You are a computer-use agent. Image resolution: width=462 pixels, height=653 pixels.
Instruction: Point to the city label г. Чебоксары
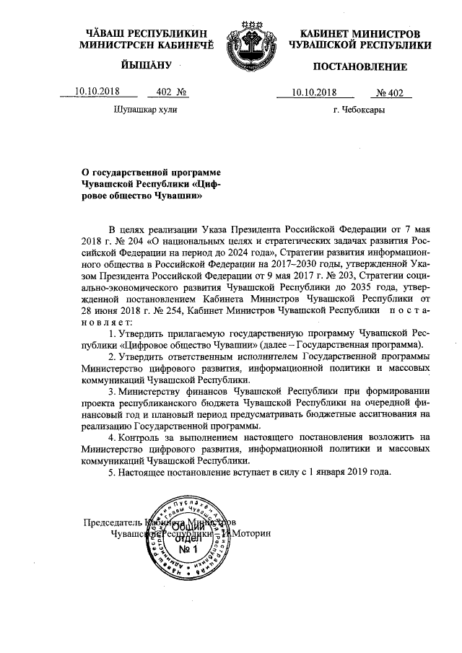pos(359,110)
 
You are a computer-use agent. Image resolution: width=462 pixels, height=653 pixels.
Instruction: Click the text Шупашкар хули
pos(145,110)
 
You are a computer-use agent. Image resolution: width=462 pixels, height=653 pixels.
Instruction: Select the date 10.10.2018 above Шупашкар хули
pos(98,92)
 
